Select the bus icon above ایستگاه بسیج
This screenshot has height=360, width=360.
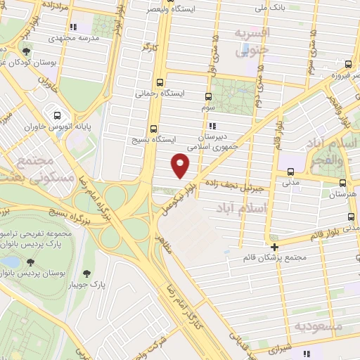point(154,129)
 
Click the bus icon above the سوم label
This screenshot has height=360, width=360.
point(208,97)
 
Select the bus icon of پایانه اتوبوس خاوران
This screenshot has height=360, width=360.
point(56,116)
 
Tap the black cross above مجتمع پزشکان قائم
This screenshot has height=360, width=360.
point(274,247)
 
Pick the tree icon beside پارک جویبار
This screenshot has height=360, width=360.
point(87,274)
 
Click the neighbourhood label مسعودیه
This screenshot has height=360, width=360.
point(318,326)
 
